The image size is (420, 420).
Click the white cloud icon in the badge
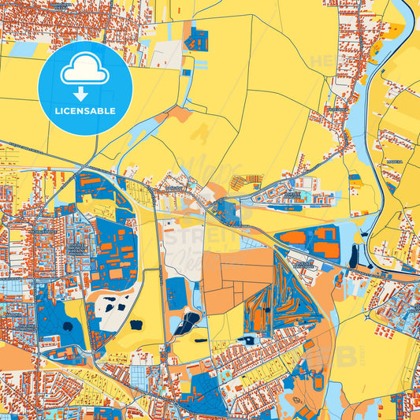84,72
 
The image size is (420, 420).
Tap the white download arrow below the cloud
84,93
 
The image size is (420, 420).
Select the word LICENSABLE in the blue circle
84,111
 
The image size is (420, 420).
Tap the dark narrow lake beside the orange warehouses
353,255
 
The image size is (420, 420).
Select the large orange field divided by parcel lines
236,276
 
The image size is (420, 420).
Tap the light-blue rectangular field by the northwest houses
25,50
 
